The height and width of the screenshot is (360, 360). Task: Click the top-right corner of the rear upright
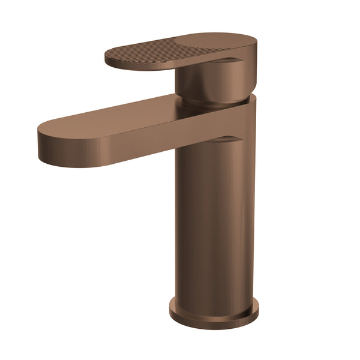coord(253,97)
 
